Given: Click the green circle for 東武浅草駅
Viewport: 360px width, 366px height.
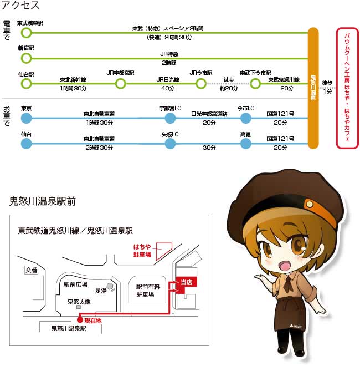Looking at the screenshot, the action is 27,33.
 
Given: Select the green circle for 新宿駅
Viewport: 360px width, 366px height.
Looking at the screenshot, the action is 27,58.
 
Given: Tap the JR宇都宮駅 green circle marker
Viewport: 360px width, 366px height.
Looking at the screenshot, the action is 121,83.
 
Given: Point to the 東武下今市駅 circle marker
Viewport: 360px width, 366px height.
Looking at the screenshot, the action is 255,83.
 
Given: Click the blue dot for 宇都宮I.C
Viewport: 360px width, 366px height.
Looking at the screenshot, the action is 170,118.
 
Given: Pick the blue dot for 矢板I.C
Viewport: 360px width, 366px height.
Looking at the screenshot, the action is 170,143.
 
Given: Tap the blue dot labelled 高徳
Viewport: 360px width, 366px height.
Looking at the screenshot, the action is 245,143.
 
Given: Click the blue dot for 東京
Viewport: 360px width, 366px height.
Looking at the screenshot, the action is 27,118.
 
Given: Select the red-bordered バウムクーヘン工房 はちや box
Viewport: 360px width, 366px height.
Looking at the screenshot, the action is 347,88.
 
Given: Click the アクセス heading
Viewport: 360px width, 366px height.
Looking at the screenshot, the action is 20,6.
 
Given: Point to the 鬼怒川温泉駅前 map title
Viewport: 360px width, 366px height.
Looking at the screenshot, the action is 43,201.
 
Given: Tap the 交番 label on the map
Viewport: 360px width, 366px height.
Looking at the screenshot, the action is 31,270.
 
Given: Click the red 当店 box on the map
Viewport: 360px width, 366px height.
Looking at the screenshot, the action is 186,282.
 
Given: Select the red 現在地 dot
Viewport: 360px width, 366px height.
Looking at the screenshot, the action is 80,320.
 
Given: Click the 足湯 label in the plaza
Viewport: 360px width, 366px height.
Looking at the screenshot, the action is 101,291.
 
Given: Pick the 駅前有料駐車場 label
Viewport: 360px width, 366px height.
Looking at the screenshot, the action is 148,291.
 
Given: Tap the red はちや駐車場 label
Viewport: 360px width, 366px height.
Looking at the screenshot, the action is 142,251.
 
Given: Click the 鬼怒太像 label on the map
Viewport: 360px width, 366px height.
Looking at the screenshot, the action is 79,302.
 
